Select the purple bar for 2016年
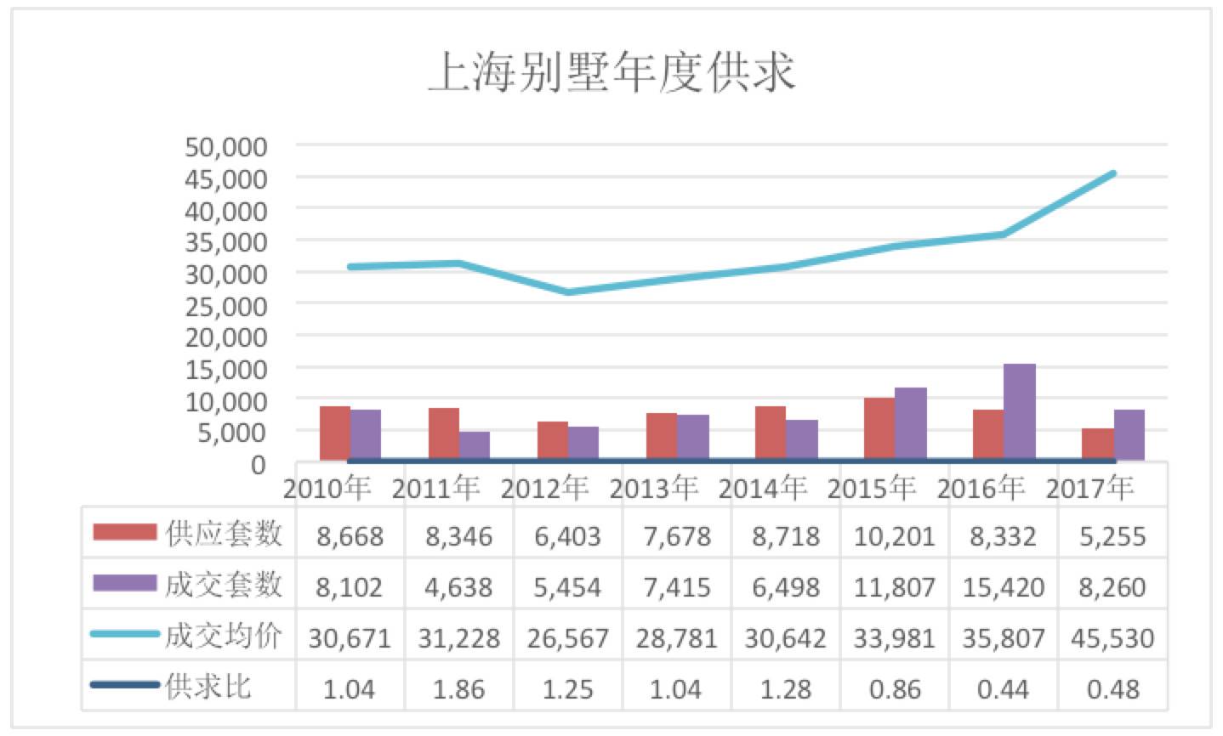[x=1019, y=412]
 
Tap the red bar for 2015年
[x=879, y=429]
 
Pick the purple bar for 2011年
[x=474, y=446]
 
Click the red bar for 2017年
[x=1097, y=444]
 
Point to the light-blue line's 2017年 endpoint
[x=1112, y=173]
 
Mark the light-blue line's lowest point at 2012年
[x=568, y=292]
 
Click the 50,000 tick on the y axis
[x=226, y=147]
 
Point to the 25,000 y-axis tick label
[x=226, y=305]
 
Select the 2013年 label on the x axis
[x=653, y=488]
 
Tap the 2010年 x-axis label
[x=327, y=488]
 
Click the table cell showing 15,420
[x=1004, y=586]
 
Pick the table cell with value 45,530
[x=1112, y=637]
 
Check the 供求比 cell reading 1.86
[x=459, y=688]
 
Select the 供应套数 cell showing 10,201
[x=895, y=536]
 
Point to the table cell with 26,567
[x=568, y=637]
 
